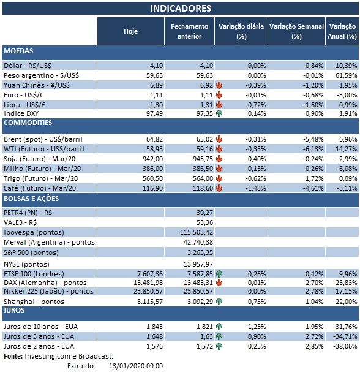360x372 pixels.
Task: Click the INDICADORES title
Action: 180,8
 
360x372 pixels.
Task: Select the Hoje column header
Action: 130,30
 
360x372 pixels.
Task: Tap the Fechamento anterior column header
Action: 189,30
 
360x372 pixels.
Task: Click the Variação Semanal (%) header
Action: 296,30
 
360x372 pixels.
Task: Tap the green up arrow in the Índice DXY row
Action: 219,113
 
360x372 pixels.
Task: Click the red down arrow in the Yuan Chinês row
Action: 219,85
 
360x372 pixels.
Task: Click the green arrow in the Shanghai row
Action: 219,301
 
